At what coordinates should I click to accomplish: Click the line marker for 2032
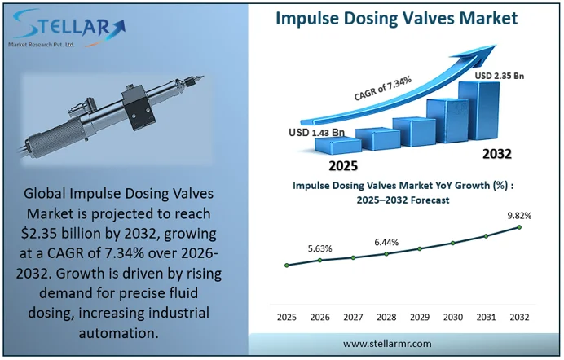(519, 227)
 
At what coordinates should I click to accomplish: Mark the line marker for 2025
(287, 265)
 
